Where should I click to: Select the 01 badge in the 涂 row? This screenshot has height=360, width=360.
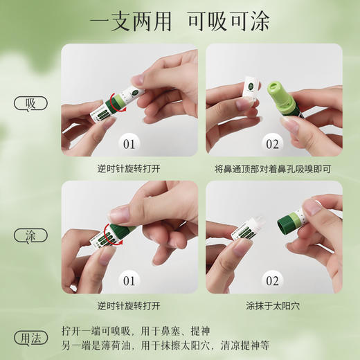click(x=129, y=282)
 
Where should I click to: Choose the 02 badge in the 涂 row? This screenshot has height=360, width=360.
click(x=271, y=282)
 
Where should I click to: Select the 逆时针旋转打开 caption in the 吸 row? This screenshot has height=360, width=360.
click(x=129, y=168)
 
